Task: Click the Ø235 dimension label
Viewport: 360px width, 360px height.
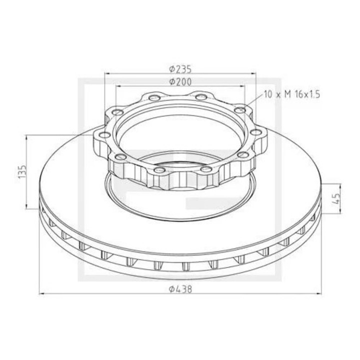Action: coord(180,69)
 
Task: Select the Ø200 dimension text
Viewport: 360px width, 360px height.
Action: coord(180,81)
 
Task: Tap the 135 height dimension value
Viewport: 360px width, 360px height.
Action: coord(21,171)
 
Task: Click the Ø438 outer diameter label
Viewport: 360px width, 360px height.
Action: coord(180,288)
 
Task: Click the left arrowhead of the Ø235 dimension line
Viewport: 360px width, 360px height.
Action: coord(106,73)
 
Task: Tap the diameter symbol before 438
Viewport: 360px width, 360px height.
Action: coord(171,288)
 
